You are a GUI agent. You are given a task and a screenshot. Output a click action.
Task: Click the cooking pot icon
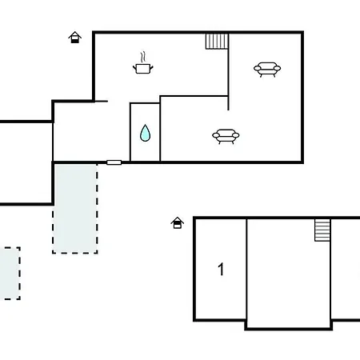[x=143, y=70]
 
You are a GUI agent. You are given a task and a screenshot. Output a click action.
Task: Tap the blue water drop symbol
[x=145, y=134]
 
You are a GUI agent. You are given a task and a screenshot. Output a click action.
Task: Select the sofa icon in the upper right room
[x=267, y=70]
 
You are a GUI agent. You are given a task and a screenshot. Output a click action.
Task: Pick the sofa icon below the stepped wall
[x=226, y=137]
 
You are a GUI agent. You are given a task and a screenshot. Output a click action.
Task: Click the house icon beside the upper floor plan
[x=75, y=37]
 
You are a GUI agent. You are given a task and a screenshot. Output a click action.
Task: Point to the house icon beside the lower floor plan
[x=178, y=222]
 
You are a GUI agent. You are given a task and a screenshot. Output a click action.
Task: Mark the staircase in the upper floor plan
[x=217, y=41]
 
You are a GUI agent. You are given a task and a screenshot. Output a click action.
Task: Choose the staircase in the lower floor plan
[x=322, y=230]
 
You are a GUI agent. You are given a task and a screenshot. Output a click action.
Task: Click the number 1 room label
[x=221, y=270]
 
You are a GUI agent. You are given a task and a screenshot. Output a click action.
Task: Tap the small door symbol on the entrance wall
[x=114, y=162]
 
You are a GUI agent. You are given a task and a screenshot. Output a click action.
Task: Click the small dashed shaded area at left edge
[x=9, y=273]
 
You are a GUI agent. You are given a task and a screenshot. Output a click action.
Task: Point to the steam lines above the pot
[x=143, y=58]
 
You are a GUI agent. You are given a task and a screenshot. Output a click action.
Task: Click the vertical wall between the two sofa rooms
[x=230, y=76]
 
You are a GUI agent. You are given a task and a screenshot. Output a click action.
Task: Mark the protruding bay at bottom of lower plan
[x=289, y=324]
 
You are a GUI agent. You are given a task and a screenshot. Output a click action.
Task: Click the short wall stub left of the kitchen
[x=100, y=101]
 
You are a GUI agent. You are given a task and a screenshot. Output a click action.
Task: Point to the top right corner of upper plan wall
[x=302, y=33]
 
